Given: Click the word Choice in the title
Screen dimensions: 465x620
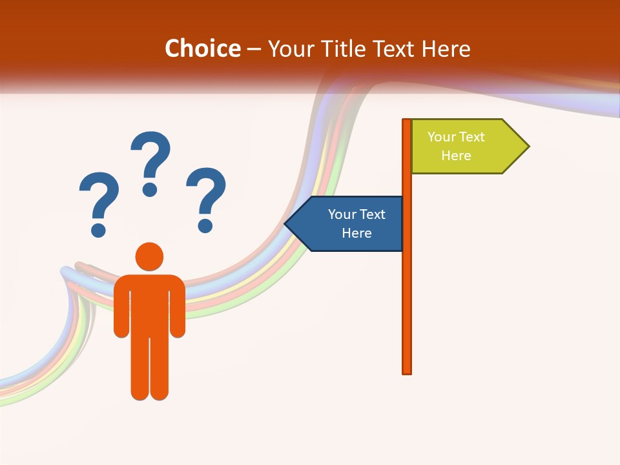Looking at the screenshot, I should click(x=202, y=48).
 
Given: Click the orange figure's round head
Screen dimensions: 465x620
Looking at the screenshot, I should click(x=149, y=256).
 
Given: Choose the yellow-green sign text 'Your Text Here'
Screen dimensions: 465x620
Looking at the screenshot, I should click(x=456, y=146).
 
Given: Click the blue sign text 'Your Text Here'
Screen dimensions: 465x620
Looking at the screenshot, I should click(x=356, y=223).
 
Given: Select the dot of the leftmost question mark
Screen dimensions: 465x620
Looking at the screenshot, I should click(x=98, y=229).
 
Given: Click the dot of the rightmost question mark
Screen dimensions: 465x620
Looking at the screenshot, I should click(x=205, y=225).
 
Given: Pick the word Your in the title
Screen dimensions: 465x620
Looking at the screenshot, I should click(x=291, y=48).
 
